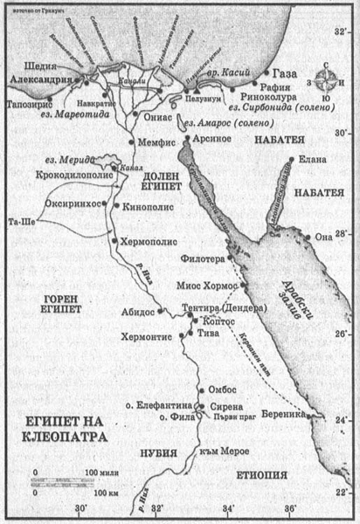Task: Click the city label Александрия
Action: coord(39,77)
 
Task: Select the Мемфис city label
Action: coord(156,141)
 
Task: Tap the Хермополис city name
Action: coord(147,238)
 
